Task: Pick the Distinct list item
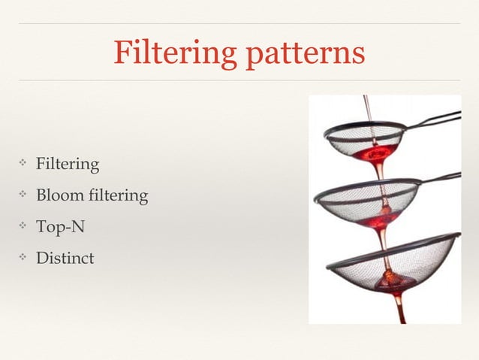point(66,258)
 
